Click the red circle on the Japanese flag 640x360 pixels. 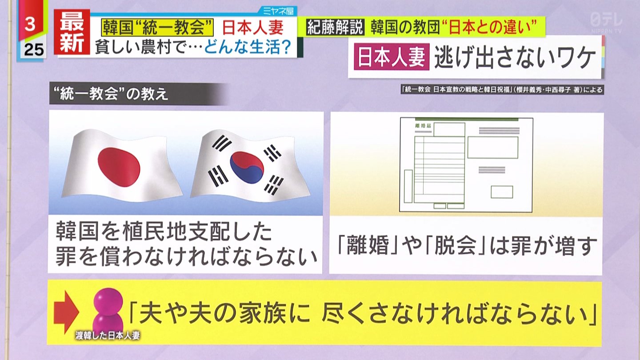coord(119,167)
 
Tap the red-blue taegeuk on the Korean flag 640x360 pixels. coord(248,168)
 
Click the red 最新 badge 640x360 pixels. coord(72,32)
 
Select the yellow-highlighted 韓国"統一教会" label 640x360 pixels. coord(157,28)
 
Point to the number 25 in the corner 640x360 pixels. coord(34,50)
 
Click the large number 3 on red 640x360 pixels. coord(30,24)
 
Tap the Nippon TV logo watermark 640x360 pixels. coord(606,22)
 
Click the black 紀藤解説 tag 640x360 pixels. coord(335,27)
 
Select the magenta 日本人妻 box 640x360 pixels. coord(392,56)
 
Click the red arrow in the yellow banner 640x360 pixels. coord(66,312)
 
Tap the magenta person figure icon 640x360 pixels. coord(108,312)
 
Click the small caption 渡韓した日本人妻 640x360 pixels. coord(108,336)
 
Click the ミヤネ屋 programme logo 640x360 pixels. coord(278,11)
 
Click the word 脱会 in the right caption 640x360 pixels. coord(455,246)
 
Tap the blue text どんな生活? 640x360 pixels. coord(248,47)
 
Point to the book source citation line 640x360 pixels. coord(502,90)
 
